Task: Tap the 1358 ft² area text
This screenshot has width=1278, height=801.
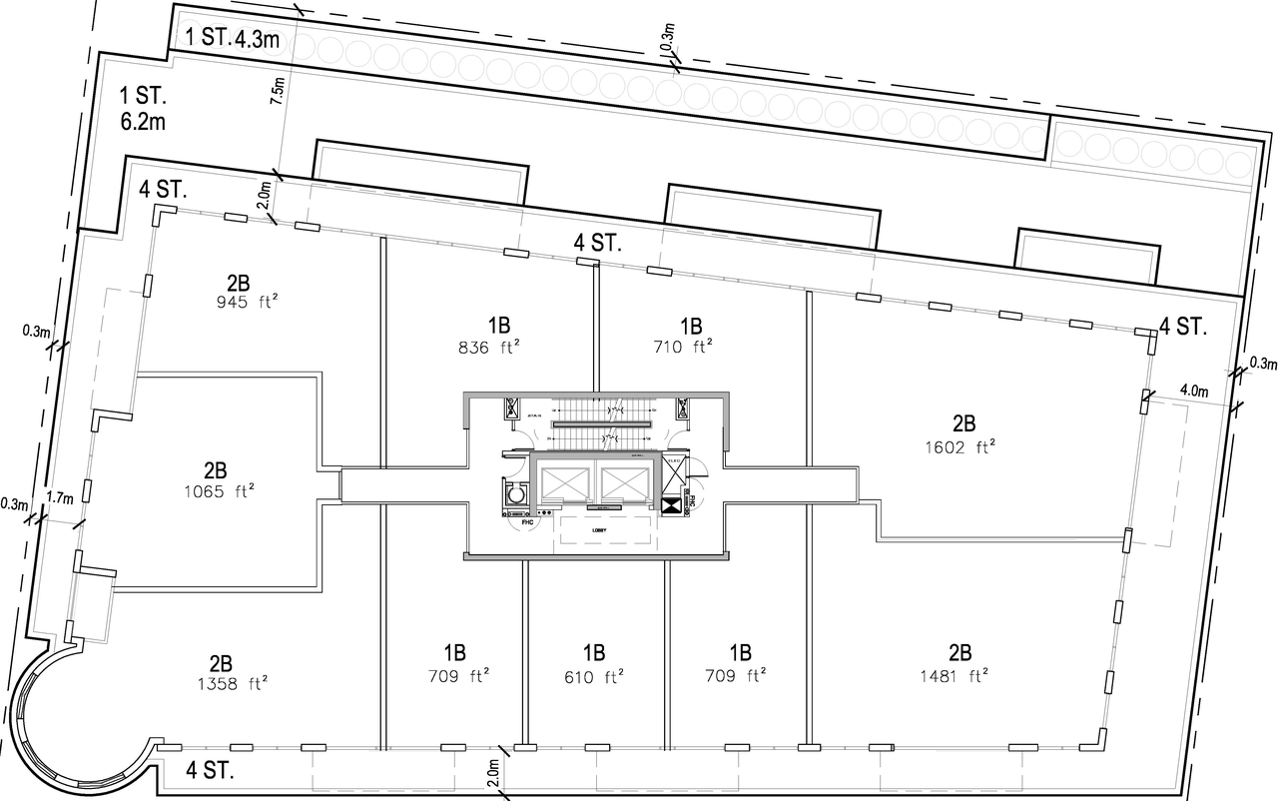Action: (222, 684)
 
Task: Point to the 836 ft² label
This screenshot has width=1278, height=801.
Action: (487, 347)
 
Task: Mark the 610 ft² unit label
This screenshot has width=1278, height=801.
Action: (593, 676)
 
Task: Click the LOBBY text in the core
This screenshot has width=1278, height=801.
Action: (600, 530)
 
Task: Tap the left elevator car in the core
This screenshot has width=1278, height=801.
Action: (565, 483)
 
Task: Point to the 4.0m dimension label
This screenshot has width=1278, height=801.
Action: (1194, 391)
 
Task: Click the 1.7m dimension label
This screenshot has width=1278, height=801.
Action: (59, 496)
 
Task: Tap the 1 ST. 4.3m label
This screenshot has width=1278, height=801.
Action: (232, 39)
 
